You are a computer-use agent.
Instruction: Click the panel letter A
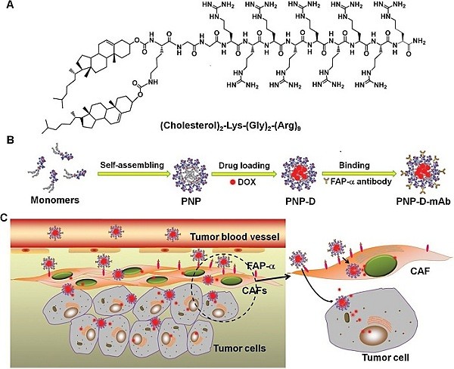[8, 8]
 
